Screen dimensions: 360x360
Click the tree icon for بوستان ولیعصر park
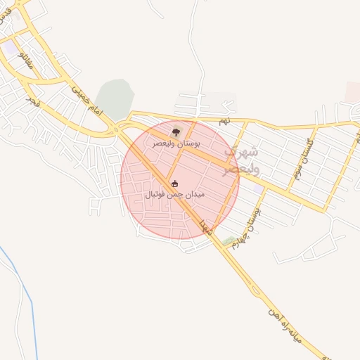click(175, 131)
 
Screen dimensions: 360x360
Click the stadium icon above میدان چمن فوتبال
click(175, 184)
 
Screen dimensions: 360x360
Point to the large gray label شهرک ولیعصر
click(241, 161)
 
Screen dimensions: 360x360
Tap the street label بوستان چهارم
click(251, 214)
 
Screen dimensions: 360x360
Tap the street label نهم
click(224, 121)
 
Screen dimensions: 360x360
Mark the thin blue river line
click(21, 295)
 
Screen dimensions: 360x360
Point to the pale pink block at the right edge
click(352, 91)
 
